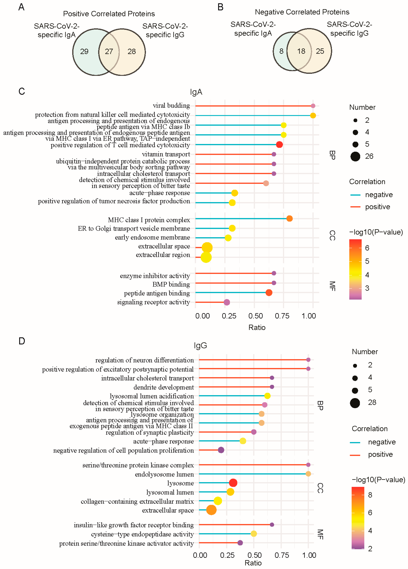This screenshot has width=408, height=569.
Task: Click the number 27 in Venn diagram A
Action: coord(109,51)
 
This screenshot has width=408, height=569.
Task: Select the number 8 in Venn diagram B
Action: coord(281,51)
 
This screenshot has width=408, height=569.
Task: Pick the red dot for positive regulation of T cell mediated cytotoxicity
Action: coord(279,144)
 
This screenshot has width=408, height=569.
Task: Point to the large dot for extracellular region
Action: coord(206,257)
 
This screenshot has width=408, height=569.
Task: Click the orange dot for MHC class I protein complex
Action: coord(289,219)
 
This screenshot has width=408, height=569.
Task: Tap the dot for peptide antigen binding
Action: coord(269,293)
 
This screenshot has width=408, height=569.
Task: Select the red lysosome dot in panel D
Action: coord(233,483)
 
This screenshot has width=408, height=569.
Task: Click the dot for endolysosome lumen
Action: coord(308,474)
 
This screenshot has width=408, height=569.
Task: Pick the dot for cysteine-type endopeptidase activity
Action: coord(254,534)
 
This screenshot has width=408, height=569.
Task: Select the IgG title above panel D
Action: coord(200,346)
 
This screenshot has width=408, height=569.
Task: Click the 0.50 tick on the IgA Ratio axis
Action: coord(256,316)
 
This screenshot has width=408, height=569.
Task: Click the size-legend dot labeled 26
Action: coord(355,157)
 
